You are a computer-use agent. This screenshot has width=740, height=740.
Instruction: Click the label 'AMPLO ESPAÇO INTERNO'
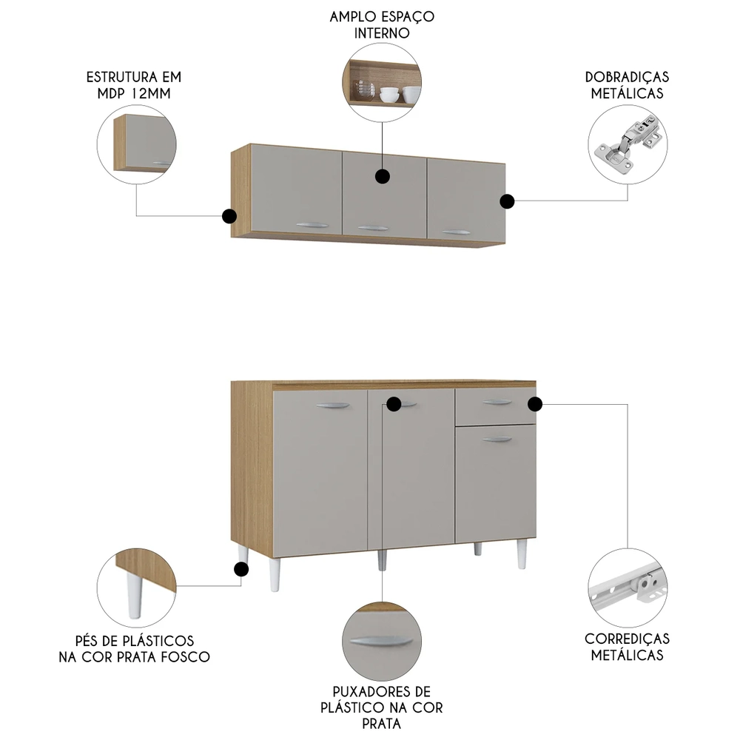(382, 24)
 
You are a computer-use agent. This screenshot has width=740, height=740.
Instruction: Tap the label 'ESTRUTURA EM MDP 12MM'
(134, 85)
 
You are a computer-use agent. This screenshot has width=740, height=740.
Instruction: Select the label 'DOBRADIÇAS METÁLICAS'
(627, 85)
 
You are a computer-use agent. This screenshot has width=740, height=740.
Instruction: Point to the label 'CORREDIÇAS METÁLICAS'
(627, 646)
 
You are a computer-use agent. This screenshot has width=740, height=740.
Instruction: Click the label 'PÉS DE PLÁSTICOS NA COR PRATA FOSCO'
(134, 648)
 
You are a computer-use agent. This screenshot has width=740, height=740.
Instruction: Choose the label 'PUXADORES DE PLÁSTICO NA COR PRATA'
(382, 707)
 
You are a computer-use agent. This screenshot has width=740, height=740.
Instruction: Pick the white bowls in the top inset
(400, 94)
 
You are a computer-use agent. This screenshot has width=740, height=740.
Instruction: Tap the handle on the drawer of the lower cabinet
(497, 403)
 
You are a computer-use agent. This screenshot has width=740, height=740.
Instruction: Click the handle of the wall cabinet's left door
(310, 226)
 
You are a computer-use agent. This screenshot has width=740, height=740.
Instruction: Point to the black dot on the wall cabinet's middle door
(383, 176)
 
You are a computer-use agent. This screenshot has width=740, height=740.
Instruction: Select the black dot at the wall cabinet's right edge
(507, 201)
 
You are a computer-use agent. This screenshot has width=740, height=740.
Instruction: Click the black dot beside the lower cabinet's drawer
(535, 404)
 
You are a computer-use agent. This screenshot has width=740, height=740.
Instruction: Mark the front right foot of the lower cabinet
(522, 555)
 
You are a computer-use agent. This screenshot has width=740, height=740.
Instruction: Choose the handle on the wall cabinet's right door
(457, 232)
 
